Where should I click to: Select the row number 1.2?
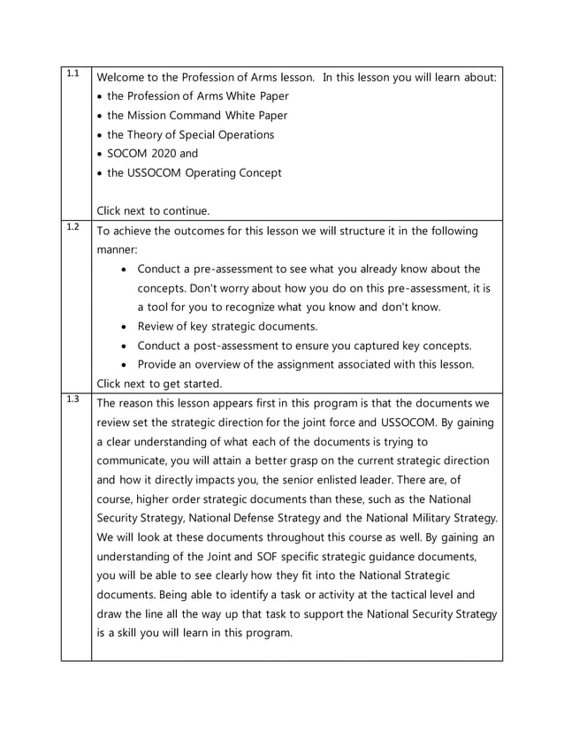[x=73, y=226]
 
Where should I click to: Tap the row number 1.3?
[x=73, y=399]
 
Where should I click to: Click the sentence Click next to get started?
[x=159, y=384]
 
